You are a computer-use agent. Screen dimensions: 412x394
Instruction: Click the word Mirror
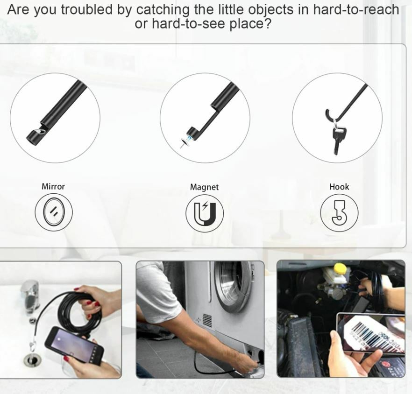(x=53, y=186)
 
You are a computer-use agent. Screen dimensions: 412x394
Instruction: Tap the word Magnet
(x=204, y=187)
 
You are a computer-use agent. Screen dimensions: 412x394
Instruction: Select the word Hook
(x=339, y=187)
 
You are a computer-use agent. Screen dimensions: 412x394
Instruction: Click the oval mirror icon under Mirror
(x=54, y=212)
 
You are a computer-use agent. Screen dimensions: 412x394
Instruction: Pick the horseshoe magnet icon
(x=205, y=213)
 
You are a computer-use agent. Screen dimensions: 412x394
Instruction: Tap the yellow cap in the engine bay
(x=340, y=269)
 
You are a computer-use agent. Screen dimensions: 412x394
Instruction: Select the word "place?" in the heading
(x=250, y=24)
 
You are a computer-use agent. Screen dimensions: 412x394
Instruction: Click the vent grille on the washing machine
(x=207, y=320)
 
